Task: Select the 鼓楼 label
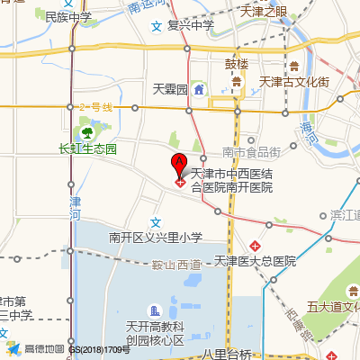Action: pos(237,65)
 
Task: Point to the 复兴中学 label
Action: pos(189,24)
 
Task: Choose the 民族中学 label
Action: pos(68,17)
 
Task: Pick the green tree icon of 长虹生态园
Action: pos(87,132)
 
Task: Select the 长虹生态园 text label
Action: pos(87,148)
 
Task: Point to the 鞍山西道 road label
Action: pos(176,265)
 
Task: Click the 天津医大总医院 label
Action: pos(256,261)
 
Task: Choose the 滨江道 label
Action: pos(345,216)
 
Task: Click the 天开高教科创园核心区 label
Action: pos(155,333)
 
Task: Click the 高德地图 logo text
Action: pos(44,348)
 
